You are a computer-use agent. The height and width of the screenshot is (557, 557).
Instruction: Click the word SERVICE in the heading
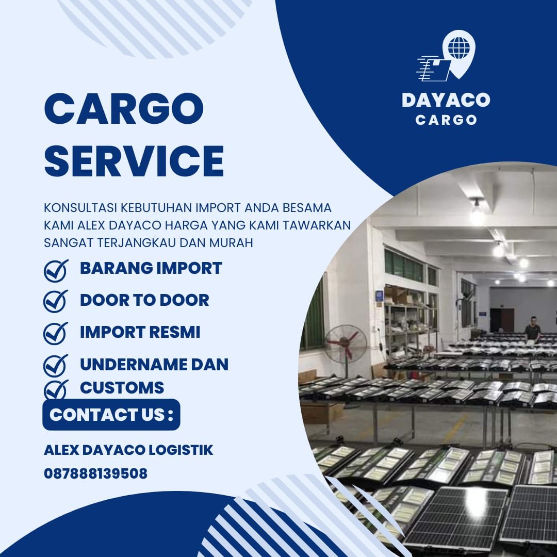pos(134,161)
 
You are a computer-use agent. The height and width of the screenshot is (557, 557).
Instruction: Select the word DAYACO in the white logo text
pos(446,100)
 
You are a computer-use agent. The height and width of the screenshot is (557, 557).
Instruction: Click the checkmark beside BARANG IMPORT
pos(56,270)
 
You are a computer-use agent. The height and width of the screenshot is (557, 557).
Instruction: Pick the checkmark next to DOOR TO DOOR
pos(56,301)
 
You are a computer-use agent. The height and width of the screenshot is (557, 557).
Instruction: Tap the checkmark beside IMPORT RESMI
pos(56,333)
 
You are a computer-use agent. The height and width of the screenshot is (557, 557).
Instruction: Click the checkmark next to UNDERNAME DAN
pos(56,365)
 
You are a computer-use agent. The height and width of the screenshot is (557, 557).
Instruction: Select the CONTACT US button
pos(111,415)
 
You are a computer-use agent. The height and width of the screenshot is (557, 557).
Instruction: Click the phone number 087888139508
pos(96,473)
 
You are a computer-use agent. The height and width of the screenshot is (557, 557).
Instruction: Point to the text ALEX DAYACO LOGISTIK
pos(128,450)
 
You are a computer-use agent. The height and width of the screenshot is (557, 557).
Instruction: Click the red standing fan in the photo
pos(345,342)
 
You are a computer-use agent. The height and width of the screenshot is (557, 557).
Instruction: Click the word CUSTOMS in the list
pos(122,388)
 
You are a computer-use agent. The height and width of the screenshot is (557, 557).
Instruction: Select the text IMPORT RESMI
pos(140,332)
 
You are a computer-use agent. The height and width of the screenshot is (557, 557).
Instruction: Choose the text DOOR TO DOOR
pos(144,300)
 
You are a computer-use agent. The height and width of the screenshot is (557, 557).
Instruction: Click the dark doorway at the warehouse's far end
pos(501,320)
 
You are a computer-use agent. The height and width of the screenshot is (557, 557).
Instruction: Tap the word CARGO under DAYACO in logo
pos(446,120)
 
